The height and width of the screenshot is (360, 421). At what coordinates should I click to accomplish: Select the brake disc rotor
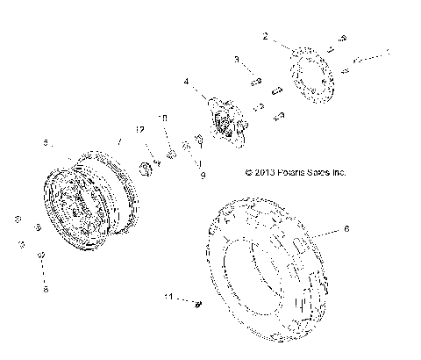(x=313, y=74)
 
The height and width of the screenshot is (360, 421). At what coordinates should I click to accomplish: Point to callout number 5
(x=46, y=141)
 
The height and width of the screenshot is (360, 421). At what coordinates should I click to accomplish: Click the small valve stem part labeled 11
(x=197, y=304)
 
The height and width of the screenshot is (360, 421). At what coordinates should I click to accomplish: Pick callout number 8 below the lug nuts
(x=45, y=287)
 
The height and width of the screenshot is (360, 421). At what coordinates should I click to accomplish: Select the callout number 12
(x=138, y=130)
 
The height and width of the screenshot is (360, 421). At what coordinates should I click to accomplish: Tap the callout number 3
(x=236, y=59)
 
